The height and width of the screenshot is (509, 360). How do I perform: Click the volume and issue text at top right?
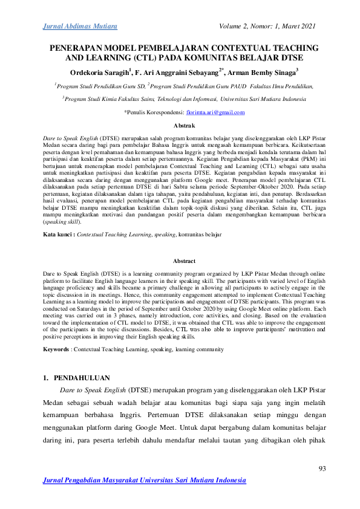269,27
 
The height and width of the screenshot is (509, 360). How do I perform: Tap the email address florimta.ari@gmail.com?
216,112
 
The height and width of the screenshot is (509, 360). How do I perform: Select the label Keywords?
59,349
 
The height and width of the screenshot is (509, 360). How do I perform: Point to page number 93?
321,469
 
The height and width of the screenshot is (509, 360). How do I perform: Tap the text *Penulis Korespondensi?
154,112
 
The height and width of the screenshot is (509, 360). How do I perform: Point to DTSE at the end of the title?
290,58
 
